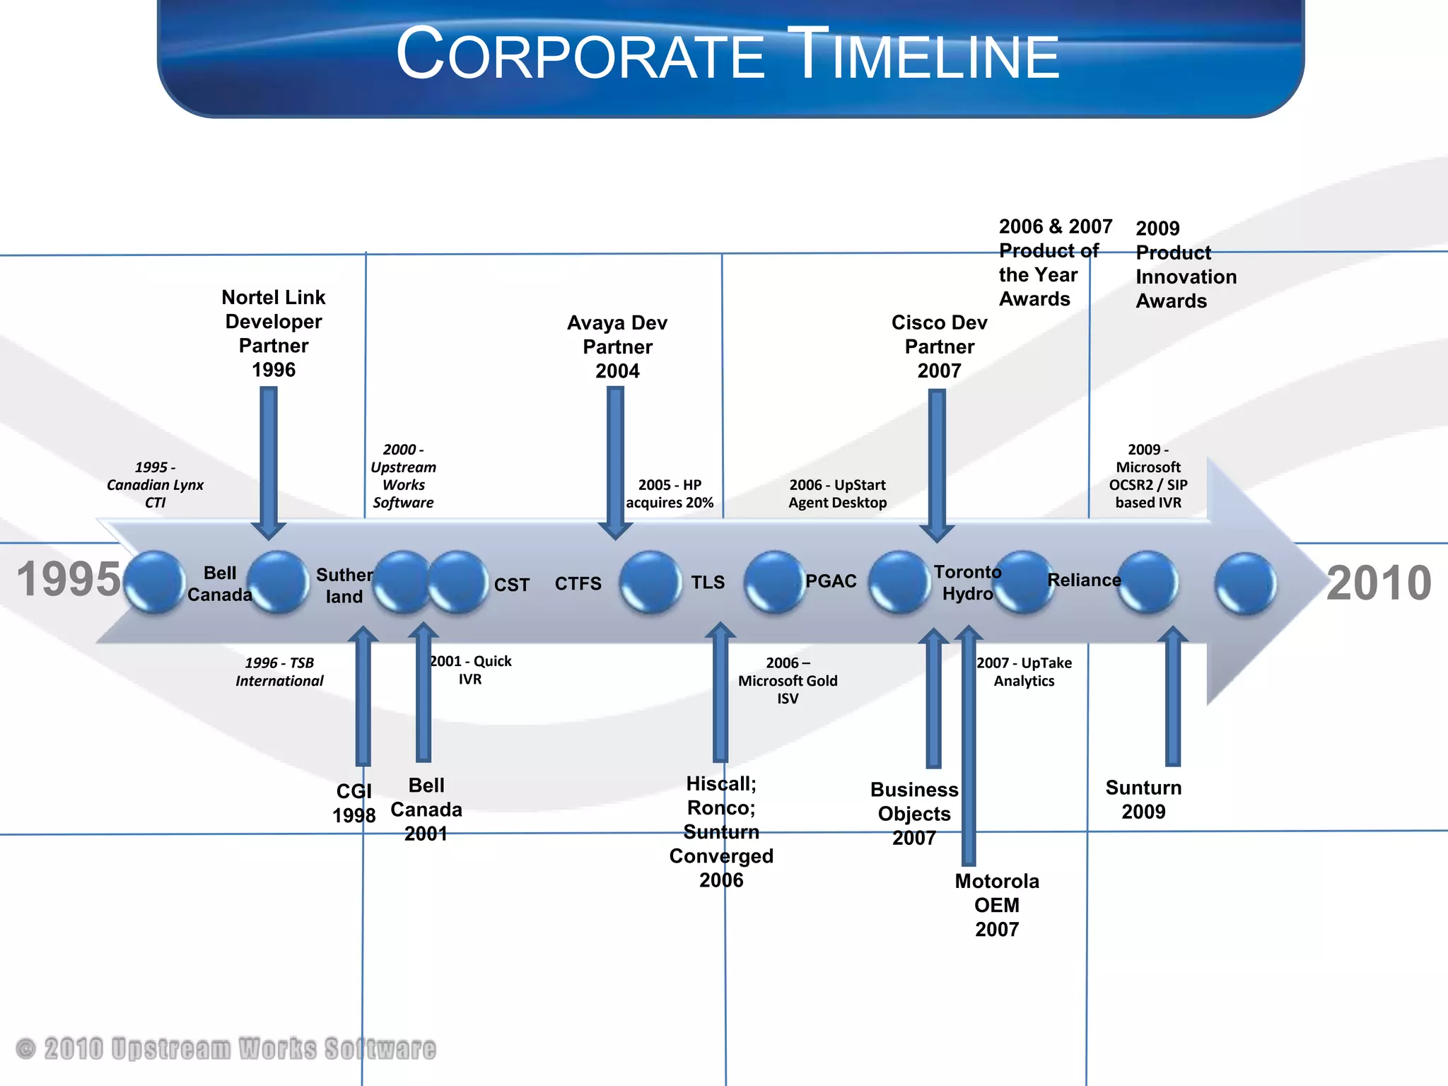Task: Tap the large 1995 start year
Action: tap(69, 579)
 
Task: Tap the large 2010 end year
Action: tap(1378, 583)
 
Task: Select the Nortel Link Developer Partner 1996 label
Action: tap(274, 333)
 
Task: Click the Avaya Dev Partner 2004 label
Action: tap(617, 346)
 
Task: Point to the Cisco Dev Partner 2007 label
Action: tap(939, 346)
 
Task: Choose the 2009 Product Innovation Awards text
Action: tap(1186, 264)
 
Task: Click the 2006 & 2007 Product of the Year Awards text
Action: tap(1054, 262)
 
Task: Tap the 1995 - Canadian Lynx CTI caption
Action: tap(155, 484)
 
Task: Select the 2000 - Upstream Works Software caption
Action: tap(403, 476)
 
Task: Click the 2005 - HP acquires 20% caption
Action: tap(670, 494)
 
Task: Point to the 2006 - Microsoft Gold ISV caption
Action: tap(788, 680)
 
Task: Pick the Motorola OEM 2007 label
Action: tap(997, 904)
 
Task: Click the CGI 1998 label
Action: tap(354, 802)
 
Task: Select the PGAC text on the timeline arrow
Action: tap(831, 581)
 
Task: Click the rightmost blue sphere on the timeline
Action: tap(1245, 583)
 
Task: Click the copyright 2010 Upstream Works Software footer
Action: tap(226, 1049)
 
